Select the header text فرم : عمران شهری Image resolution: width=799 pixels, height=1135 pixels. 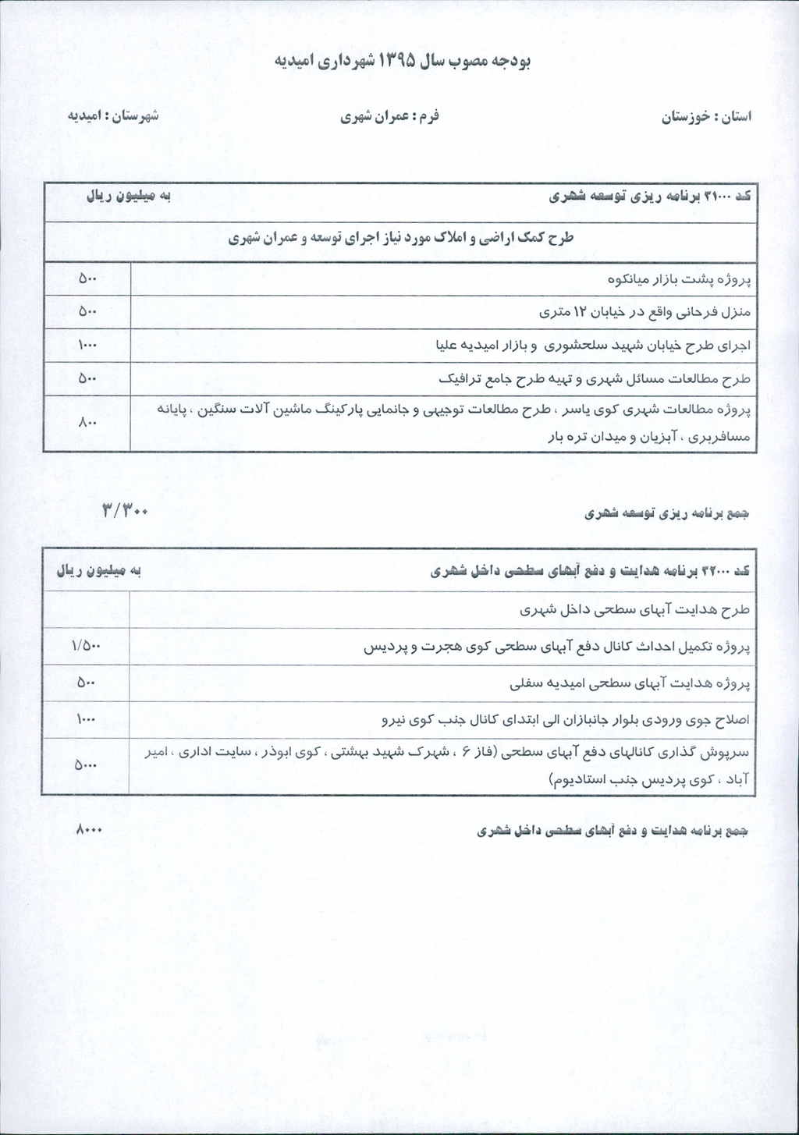389,116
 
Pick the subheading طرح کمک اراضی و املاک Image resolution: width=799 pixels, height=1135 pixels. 400,238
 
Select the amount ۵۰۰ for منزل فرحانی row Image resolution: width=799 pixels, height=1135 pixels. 87,311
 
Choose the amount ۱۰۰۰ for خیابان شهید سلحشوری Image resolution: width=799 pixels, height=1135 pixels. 87,345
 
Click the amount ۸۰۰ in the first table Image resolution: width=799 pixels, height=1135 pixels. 87,423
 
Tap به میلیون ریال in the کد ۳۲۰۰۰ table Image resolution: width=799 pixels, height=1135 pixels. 98,571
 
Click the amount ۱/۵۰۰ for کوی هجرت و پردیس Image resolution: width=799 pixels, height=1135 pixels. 86,646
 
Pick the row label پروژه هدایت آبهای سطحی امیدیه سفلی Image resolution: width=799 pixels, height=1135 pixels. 629,683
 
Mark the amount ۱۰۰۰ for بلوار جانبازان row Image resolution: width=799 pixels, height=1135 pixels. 86,720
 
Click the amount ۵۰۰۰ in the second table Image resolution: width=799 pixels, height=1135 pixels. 86,765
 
